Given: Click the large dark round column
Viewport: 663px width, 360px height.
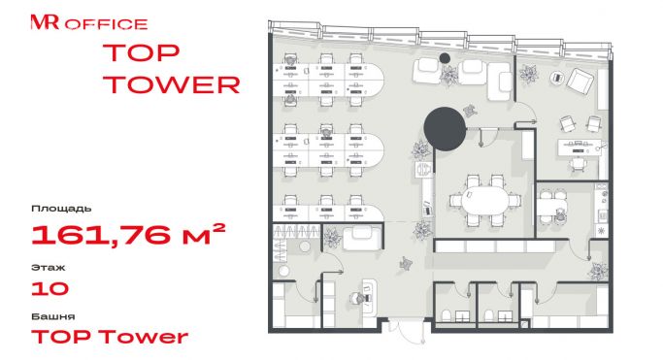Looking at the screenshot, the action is pyautogui.click(x=445, y=129).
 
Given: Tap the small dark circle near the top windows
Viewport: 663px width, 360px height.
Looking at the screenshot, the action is pyautogui.click(x=445, y=58).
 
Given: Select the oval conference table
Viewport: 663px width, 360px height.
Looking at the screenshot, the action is pyautogui.click(x=484, y=200).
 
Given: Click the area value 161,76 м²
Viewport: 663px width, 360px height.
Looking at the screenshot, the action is pyautogui.click(x=128, y=235).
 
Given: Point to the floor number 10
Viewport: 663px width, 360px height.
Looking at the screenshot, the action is pyautogui.click(x=50, y=288).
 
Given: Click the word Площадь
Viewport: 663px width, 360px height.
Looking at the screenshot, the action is pyautogui.click(x=61, y=209).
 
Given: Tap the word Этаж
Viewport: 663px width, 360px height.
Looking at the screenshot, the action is pyautogui.click(x=49, y=268).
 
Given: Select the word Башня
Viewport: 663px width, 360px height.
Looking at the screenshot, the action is pyautogui.click(x=53, y=316).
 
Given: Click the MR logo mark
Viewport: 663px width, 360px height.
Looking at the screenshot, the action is pyautogui.click(x=45, y=22).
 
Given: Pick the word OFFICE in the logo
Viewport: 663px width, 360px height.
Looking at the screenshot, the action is pyautogui.click(x=106, y=24).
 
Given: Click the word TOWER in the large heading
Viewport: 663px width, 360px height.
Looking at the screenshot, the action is pyautogui.click(x=171, y=84).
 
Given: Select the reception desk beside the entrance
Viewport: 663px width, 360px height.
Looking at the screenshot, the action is pyautogui.click(x=369, y=296).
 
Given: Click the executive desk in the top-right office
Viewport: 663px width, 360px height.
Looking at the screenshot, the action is pyautogui.click(x=580, y=147).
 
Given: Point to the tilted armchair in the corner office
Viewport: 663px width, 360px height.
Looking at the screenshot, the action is pyautogui.click(x=580, y=81).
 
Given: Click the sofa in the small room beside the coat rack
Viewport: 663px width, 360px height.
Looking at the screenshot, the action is pyautogui.click(x=362, y=239).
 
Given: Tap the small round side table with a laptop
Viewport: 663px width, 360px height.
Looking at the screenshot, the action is pyautogui.click(x=557, y=78).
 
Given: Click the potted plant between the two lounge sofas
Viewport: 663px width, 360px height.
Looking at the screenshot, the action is pyautogui.click(x=448, y=76).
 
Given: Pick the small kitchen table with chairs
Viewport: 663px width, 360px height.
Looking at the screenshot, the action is pyautogui.click(x=551, y=207).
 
